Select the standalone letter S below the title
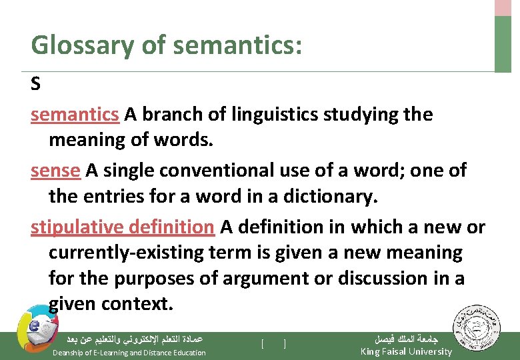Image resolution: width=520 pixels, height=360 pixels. coord(36,85)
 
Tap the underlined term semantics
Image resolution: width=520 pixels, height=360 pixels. coord(75,115)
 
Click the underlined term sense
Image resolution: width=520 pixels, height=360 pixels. coord(55,171)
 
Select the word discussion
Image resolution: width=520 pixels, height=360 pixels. coord(386,278)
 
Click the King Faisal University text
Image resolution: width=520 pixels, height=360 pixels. coord(406,351)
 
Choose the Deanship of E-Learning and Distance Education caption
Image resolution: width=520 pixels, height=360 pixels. coord(129,352)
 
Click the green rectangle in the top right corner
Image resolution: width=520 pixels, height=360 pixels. coord(503,43)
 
